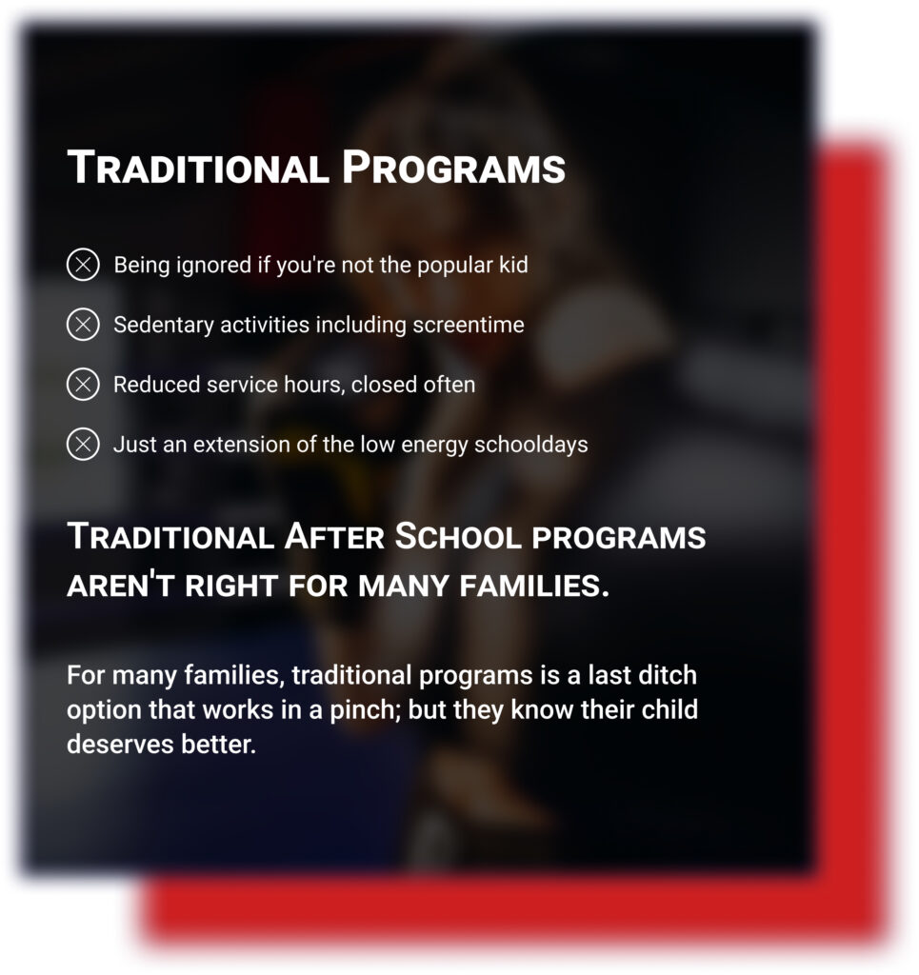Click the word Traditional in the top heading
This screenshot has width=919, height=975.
coord(198,168)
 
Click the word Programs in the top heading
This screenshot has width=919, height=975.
coord(454,168)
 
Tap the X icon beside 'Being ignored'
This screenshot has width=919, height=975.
coord(83,265)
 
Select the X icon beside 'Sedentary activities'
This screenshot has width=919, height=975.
coord(83,324)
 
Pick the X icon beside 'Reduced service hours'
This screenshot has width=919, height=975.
coord(83,384)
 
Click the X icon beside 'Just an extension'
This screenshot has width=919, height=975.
coord(83,444)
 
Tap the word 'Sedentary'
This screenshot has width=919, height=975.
coord(164,326)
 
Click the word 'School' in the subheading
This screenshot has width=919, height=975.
coord(458,537)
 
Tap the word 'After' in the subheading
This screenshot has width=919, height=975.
coord(334,537)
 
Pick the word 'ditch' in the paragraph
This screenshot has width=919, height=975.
coord(669,675)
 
